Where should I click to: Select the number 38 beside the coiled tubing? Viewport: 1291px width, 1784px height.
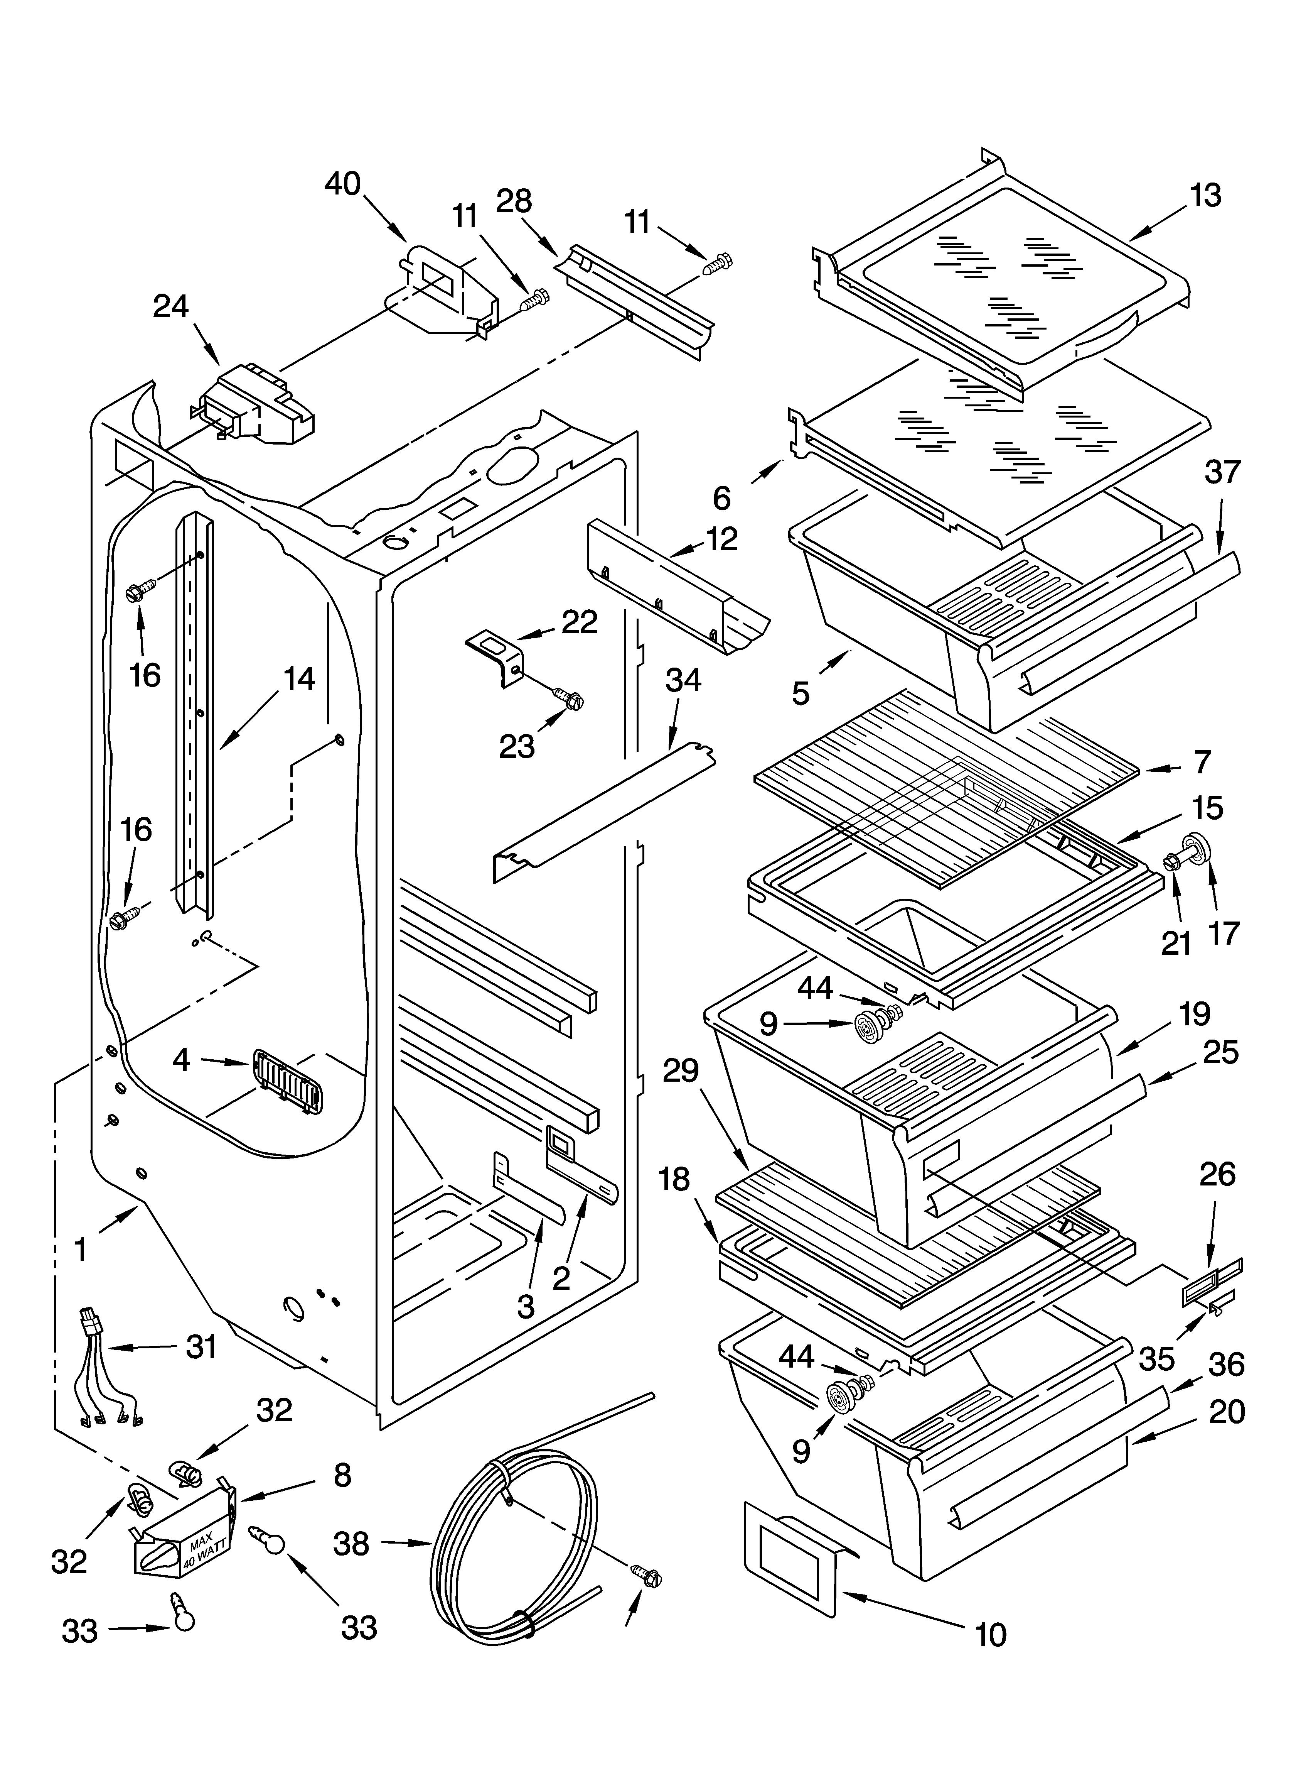tap(351, 1544)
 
